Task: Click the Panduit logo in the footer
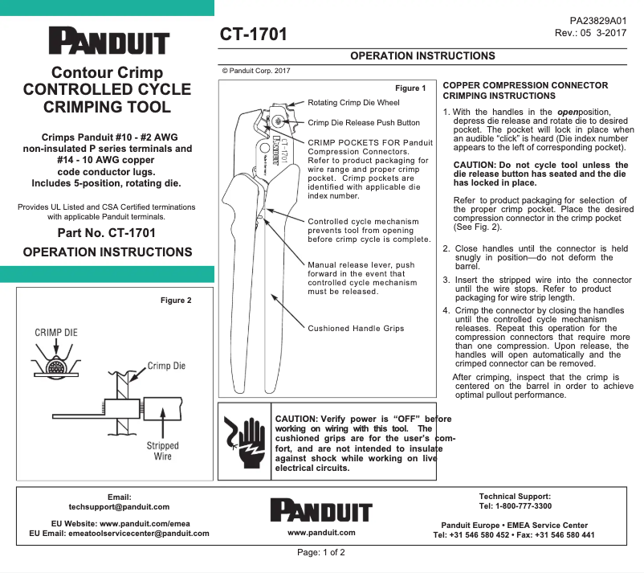321,510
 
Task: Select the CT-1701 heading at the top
253,35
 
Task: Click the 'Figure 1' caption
410,88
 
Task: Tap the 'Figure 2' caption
177,301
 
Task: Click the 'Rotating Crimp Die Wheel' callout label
353,103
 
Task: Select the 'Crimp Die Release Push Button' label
364,123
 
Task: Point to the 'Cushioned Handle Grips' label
356,328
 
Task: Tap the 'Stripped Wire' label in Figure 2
162,451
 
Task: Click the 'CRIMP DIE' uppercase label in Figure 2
56,332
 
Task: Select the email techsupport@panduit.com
119,507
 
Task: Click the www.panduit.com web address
321,533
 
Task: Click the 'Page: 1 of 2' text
321,553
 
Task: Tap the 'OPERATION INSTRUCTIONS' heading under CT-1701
422,55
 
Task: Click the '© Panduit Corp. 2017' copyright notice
255,71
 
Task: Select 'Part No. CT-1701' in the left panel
107,234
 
